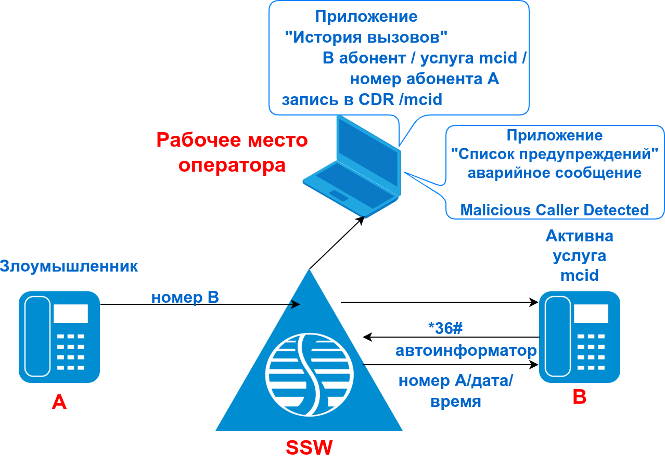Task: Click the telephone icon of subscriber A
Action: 59,337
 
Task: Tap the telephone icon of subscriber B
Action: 579,337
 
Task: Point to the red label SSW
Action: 309,448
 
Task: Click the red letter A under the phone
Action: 59,402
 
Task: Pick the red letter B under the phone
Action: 579,397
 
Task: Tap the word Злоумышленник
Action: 69,266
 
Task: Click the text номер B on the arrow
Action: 185,298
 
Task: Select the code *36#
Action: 445,328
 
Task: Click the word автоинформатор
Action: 466,350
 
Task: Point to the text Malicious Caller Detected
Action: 555,210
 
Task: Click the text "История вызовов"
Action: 366,37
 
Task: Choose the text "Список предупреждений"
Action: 555,154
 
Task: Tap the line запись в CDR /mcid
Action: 362,99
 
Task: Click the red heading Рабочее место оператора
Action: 232,152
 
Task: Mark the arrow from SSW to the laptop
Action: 336,243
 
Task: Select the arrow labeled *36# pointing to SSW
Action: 451,337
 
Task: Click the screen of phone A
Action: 70,314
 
